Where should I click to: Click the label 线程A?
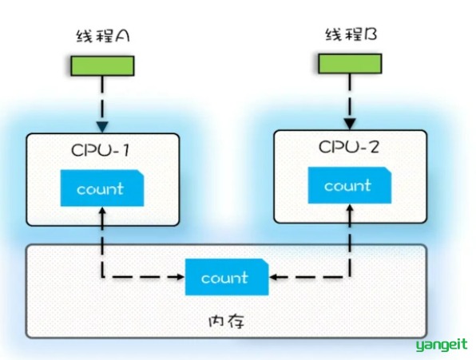[x=103, y=36]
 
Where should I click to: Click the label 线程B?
[x=351, y=34]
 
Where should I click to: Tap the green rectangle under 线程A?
[x=102, y=65]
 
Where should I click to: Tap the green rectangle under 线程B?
[x=350, y=64]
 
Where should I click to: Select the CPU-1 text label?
[x=101, y=150]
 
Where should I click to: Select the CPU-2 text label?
[x=349, y=147]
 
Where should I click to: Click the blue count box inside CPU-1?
[x=102, y=188]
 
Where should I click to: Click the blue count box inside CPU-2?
[x=350, y=185]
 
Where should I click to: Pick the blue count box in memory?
[x=227, y=277]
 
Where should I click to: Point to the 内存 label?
[x=227, y=322]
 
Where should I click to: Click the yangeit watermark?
[x=442, y=345]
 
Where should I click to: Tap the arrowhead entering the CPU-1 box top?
[x=102, y=127]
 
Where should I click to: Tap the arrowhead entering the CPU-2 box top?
[x=350, y=124]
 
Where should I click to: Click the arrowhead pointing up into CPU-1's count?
[x=102, y=211]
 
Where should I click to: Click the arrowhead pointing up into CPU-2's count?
[x=350, y=208]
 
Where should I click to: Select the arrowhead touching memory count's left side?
[x=181, y=277]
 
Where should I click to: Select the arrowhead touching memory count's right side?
[x=273, y=277]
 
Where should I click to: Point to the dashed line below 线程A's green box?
[x=102, y=98]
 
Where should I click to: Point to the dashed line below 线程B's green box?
[x=350, y=96]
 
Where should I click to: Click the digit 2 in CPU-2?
[x=373, y=147]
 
